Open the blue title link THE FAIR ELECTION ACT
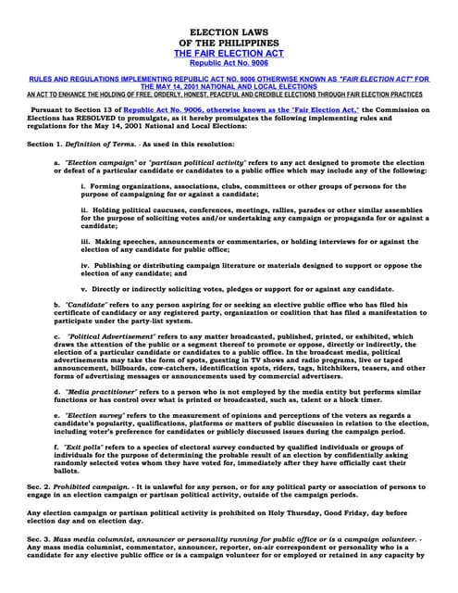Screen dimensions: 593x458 pos(229,56)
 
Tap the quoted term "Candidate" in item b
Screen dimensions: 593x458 pos(85,304)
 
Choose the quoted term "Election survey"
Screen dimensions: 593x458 pos(96,418)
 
